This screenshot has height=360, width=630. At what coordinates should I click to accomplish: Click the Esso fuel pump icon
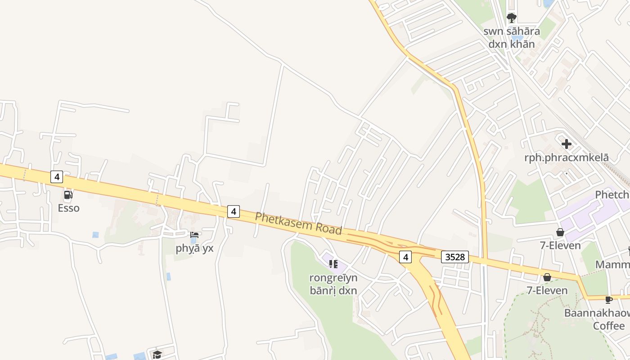tap(68, 195)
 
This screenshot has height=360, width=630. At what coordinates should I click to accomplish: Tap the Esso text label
tap(68, 208)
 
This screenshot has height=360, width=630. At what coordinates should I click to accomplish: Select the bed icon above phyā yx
tap(194, 235)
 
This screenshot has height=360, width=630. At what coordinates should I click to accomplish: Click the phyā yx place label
tap(194, 248)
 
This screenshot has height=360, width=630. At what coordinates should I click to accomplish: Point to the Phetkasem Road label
tap(298, 223)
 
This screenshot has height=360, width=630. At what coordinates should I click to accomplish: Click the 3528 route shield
tap(454, 257)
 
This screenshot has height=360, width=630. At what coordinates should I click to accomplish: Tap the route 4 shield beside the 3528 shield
tap(405, 257)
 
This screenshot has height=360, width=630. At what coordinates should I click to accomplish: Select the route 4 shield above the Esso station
tap(56, 177)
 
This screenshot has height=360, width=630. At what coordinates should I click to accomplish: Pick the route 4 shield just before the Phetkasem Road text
tap(233, 211)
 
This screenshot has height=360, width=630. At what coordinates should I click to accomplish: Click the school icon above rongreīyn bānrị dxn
tap(333, 264)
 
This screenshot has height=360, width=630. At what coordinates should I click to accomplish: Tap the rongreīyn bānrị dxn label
tap(333, 284)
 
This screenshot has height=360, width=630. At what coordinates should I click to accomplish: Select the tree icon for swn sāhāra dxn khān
tap(511, 18)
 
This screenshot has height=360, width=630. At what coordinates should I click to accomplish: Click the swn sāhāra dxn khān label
tap(512, 38)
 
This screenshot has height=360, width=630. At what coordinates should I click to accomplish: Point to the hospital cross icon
tap(567, 144)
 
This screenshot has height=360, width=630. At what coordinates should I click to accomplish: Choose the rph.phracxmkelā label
tap(567, 157)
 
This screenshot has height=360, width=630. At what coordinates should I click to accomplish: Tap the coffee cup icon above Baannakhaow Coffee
tap(608, 300)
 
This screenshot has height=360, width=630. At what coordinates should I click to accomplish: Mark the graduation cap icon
tap(157, 355)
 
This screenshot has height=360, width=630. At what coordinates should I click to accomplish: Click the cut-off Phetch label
tap(612, 194)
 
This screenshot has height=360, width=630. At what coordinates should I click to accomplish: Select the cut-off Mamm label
tap(612, 264)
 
